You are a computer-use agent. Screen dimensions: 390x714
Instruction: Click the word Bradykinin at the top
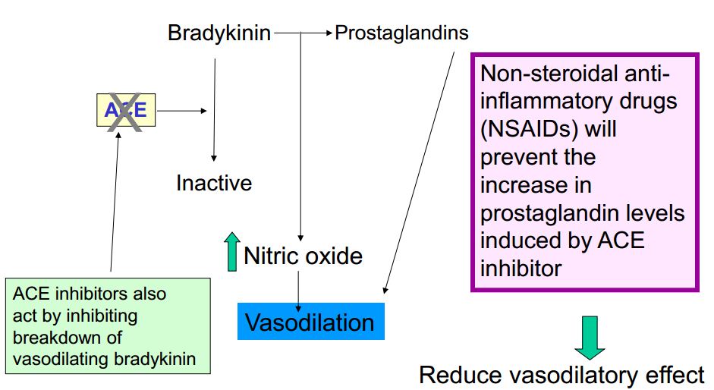pyautogui.click(x=219, y=33)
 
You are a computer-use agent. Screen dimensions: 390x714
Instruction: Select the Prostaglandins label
pyautogui.click(x=401, y=33)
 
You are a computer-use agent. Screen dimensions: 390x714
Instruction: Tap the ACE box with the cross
pyautogui.click(x=125, y=111)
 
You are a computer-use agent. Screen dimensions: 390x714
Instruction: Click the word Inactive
pyautogui.click(x=214, y=183)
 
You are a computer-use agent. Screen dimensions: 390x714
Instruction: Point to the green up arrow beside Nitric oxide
pyautogui.click(x=231, y=253)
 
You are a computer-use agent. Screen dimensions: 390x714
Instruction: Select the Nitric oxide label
pyautogui.click(x=303, y=256)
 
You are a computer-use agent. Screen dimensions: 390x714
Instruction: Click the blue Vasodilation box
pyautogui.click(x=310, y=322)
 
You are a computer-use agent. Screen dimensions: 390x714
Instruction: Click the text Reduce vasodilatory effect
pyautogui.click(x=561, y=375)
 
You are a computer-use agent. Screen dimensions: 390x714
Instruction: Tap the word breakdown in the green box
pyautogui.click(x=68, y=337)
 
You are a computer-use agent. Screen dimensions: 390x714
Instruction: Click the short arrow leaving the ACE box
pyautogui.click(x=181, y=111)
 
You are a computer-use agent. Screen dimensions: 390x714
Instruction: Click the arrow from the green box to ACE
pyautogui.click(x=115, y=205)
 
